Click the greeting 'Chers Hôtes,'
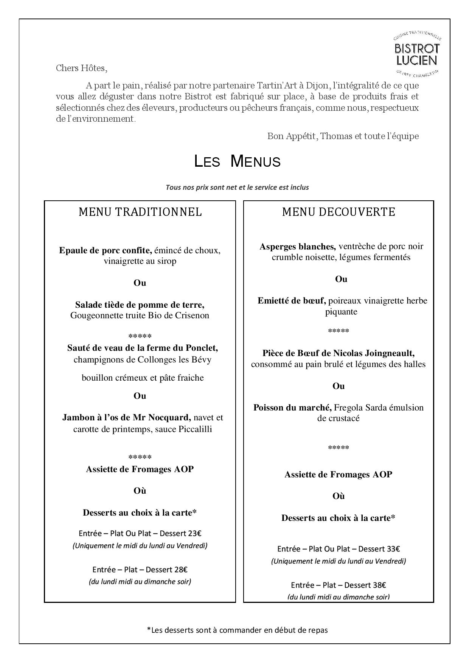point(82,68)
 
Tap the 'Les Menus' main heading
point(237,161)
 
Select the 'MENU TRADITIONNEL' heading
point(140,212)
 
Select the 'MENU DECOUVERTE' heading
point(339,212)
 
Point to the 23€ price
point(194,533)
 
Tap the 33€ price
point(393,549)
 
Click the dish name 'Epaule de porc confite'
point(106,250)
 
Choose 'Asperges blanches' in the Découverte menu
point(298,246)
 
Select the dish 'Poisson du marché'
point(292,407)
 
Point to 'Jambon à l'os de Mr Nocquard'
point(126,417)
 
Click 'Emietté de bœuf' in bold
point(292,301)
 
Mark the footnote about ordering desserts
point(237,630)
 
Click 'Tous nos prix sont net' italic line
point(237,187)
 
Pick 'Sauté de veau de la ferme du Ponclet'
point(142,347)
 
